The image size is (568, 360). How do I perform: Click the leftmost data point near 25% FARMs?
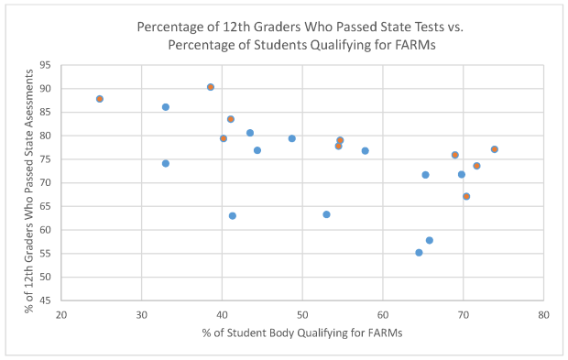pyautogui.click(x=100, y=99)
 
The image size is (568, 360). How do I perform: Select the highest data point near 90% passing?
pyautogui.click(x=211, y=87)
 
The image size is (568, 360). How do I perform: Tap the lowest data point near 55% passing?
pyautogui.click(x=419, y=253)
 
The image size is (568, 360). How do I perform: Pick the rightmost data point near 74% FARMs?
pyautogui.click(x=495, y=149)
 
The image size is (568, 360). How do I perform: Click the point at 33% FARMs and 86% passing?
pyautogui.click(x=166, y=107)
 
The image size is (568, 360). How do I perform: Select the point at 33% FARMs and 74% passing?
pyautogui.click(x=166, y=163)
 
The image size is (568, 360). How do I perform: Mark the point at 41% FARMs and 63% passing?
pyautogui.click(x=233, y=216)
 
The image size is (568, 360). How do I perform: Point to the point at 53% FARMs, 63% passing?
pyautogui.click(x=326, y=214)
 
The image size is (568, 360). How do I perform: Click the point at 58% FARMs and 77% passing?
pyautogui.click(x=365, y=151)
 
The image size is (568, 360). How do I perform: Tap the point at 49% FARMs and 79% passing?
pyautogui.click(x=292, y=138)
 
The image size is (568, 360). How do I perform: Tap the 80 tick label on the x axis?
pyautogui.click(x=543, y=314)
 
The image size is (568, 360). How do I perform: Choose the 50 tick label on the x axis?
pyautogui.click(x=302, y=314)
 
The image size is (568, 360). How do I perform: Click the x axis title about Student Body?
pyautogui.click(x=302, y=332)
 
